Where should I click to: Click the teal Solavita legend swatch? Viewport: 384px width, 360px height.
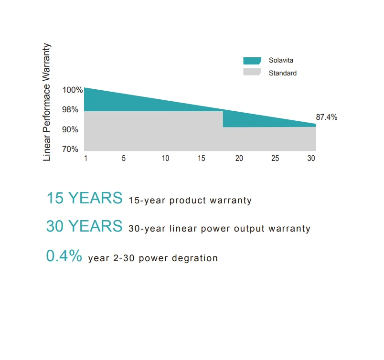point(252,61)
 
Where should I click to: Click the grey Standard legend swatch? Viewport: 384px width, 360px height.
point(252,73)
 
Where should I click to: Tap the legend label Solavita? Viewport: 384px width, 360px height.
point(281,61)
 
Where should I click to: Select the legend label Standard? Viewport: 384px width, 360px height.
point(282,73)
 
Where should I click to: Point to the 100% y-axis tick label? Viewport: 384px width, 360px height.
point(73,90)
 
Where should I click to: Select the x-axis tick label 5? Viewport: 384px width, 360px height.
point(124,159)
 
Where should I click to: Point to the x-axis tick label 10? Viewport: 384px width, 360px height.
point(165,159)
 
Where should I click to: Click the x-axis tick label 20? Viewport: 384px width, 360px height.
point(239,159)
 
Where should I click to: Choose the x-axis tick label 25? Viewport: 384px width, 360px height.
point(275,159)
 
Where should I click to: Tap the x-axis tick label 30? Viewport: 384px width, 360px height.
point(311,159)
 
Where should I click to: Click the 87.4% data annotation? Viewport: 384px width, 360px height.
point(327,117)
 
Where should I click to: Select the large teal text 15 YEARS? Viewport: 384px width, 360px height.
point(84,198)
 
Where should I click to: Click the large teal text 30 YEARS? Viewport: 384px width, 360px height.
point(84,226)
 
